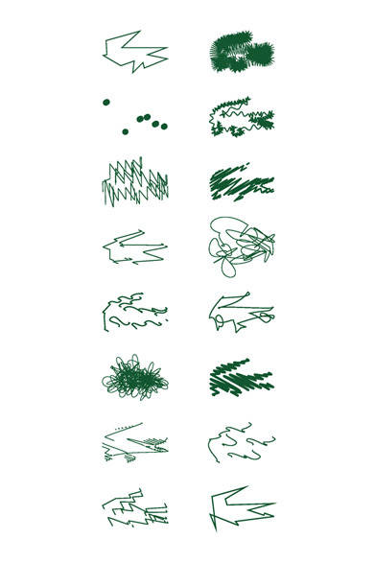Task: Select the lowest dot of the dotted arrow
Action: [x=125, y=130]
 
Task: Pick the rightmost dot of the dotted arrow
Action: [x=164, y=126]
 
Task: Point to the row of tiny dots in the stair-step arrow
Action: [x=119, y=424]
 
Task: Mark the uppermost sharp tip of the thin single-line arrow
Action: [x=140, y=32]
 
